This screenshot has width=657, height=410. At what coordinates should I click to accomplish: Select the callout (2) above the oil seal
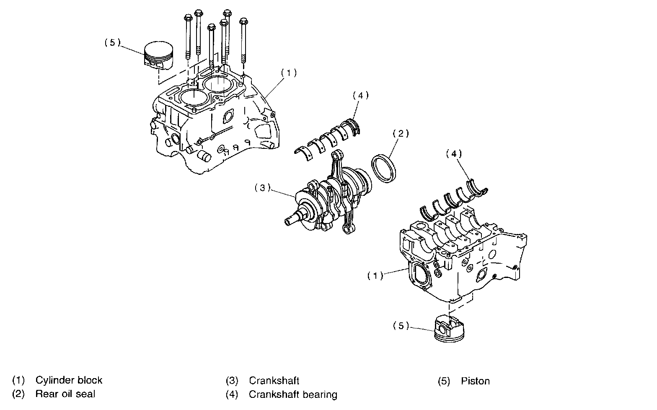[x=401, y=134]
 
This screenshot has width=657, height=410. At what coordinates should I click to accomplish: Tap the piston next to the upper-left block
[x=159, y=55]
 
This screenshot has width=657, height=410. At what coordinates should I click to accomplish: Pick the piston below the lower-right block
[x=449, y=330]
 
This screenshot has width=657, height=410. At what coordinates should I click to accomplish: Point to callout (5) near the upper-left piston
[x=112, y=42]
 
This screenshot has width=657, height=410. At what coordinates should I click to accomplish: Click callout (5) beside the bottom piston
[x=401, y=326]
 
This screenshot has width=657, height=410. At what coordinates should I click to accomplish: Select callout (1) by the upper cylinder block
[x=289, y=73]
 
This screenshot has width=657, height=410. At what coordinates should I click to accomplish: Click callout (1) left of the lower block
[x=375, y=276]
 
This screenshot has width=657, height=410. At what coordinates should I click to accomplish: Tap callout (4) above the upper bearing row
[x=360, y=95]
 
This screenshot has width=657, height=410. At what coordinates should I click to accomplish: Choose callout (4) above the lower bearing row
[x=454, y=154]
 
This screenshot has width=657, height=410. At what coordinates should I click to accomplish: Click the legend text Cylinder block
[x=69, y=380]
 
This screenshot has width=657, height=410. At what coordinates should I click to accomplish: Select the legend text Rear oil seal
[x=65, y=394]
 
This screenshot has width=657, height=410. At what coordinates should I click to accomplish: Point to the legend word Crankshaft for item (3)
[x=274, y=381]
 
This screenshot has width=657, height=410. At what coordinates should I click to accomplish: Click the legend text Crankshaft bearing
[x=293, y=394]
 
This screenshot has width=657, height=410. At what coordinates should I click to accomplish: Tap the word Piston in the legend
[x=475, y=381]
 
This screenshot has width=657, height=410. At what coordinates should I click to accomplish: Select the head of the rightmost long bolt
[x=243, y=21]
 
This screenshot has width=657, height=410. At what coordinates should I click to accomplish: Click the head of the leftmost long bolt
[x=187, y=18]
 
